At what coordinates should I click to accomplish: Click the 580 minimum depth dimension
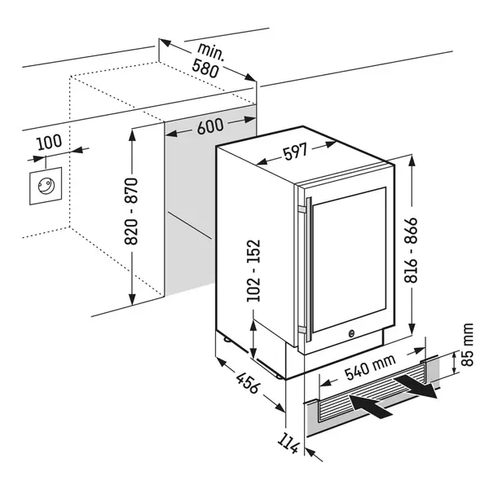[205, 68]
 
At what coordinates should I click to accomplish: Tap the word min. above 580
[211, 51]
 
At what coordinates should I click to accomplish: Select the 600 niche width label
[210, 126]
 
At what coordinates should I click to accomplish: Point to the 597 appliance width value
[295, 152]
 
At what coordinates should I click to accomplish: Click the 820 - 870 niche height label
[131, 211]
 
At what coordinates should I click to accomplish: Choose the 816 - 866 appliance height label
[411, 250]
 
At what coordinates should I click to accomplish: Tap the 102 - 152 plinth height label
[253, 271]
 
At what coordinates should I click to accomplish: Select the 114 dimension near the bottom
[289, 443]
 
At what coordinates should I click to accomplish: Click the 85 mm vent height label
[467, 345]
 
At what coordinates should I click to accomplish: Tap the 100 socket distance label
[49, 142]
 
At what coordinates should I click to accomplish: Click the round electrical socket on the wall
[46, 186]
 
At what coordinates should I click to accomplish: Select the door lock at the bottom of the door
[351, 333]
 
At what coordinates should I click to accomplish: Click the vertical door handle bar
[309, 270]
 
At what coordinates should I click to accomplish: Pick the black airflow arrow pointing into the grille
[371, 405]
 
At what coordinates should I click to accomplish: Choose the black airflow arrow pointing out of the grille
[415, 386]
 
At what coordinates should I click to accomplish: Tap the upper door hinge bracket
[302, 209]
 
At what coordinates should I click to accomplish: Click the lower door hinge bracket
[302, 330]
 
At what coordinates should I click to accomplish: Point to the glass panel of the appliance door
[349, 259]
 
